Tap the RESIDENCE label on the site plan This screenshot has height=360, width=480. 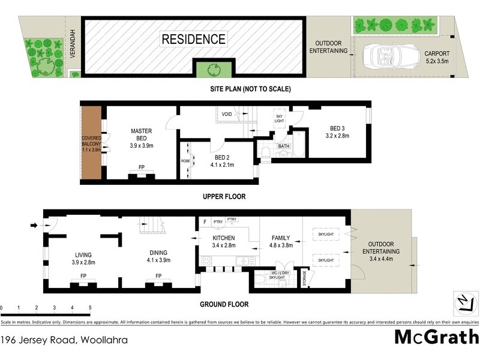coord(193,40)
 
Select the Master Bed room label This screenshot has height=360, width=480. coord(142,138)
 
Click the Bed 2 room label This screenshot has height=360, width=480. coord(221,161)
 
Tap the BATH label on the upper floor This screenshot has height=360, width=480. coord(283,146)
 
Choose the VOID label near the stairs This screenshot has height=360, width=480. coord(226,113)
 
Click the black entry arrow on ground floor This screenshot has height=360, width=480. coord(34,226)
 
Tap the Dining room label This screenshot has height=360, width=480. coord(158,257)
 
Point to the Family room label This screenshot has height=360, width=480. coord(281,241)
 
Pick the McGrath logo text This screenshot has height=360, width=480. coord(436,337)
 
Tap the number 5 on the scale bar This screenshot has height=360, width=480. coord(89,308)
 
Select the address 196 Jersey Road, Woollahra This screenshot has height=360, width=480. coord(64,340)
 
